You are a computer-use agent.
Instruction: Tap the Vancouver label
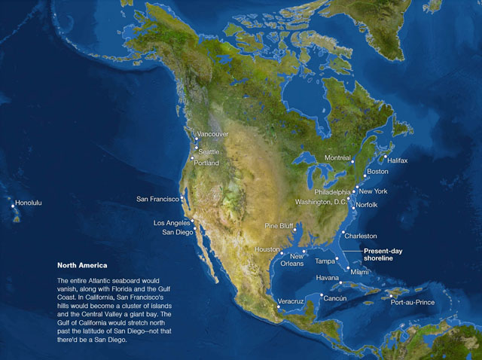coord(213,134)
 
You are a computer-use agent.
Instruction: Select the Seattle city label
coord(209,151)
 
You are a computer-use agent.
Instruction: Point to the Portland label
coord(206,163)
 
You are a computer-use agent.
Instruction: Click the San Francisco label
coord(157,199)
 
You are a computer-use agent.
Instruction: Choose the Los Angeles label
coord(172,223)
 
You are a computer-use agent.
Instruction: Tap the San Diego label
coord(178,233)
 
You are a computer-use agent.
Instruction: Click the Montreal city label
coord(337,158)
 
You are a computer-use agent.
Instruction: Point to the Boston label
coord(377,172)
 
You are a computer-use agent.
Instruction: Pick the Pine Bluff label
coord(279,226)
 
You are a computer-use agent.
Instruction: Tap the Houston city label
coord(267,249)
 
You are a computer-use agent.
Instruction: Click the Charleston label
coord(361,236)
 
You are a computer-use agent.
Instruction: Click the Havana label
coord(328,278)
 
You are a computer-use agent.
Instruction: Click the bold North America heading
coord(82,266)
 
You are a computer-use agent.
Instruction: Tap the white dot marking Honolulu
coord(13,206)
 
